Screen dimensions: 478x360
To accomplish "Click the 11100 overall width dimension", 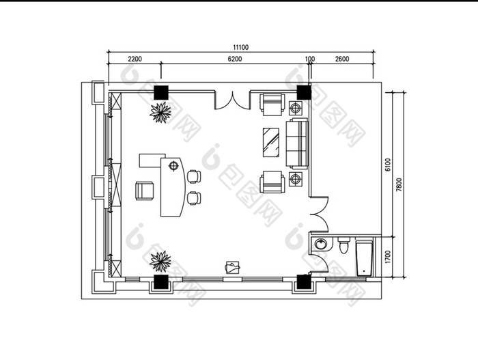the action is pyautogui.click(x=241, y=47).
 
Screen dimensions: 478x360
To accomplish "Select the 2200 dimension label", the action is pyautogui.click(x=135, y=59).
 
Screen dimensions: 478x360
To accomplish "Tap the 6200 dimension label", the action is pyautogui.click(x=235, y=59).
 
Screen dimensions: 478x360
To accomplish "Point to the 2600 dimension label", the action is pyautogui.click(x=342, y=59).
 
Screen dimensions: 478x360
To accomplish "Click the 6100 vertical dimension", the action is pyautogui.click(x=387, y=165).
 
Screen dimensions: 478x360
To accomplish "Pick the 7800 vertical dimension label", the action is pyautogui.click(x=399, y=185).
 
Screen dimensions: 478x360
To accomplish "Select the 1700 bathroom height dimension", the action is pyautogui.click(x=387, y=257).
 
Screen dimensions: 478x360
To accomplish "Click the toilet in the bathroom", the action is pyautogui.click(x=343, y=245).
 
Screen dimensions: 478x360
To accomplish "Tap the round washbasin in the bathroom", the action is pyautogui.click(x=321, y=244).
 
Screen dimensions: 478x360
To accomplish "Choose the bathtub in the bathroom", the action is pyautogui.click(x=364, y=259).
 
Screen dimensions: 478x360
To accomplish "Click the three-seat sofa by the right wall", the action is pyautogui.click(x=297, y=143).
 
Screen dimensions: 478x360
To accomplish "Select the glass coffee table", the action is pyautogui.click(x=271, y=143).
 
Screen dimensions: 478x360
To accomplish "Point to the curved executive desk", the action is pyautogui.click(x=173, y=186).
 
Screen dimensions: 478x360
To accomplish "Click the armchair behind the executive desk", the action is pyautogui.click(x=145, y=191).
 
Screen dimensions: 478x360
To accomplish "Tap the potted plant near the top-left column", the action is pyautogui.click(x=160, y=112).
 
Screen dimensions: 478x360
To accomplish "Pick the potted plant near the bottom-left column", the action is pyautogui.click(x=160, y=262).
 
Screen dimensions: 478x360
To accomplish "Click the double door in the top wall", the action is pyautogui.click(x=232, y=100).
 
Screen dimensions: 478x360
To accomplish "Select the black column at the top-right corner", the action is pyautogui.click(x=304, y=92).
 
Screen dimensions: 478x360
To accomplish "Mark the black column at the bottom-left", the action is pyautogui.click(x=161, y=282).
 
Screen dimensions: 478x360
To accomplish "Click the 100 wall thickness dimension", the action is pyautogui.click(x=310, y=59).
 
